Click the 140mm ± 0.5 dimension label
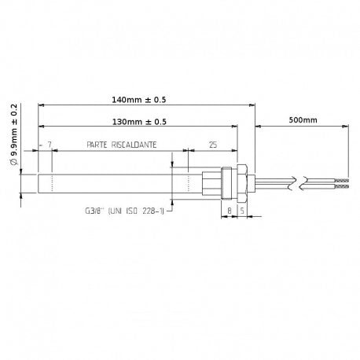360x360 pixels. pyautogui.click(x=139, y=100)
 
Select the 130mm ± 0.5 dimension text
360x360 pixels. pyautogui.click(x=139, y=122)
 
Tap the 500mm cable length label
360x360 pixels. pyautogui.click(x=303, y=120)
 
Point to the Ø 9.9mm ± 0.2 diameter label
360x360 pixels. pyautogui.click(x=14, y=134)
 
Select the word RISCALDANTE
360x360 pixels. pyautogui.click(x=134, y=145)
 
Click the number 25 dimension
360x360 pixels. pyautogui.click(x=213, y=145)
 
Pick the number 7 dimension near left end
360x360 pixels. pyautogui.click(x=50, y=145)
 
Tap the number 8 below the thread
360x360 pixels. pyautogui.click(x=230, y=211)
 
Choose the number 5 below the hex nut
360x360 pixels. pyautogui.click(x=242, y=211)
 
